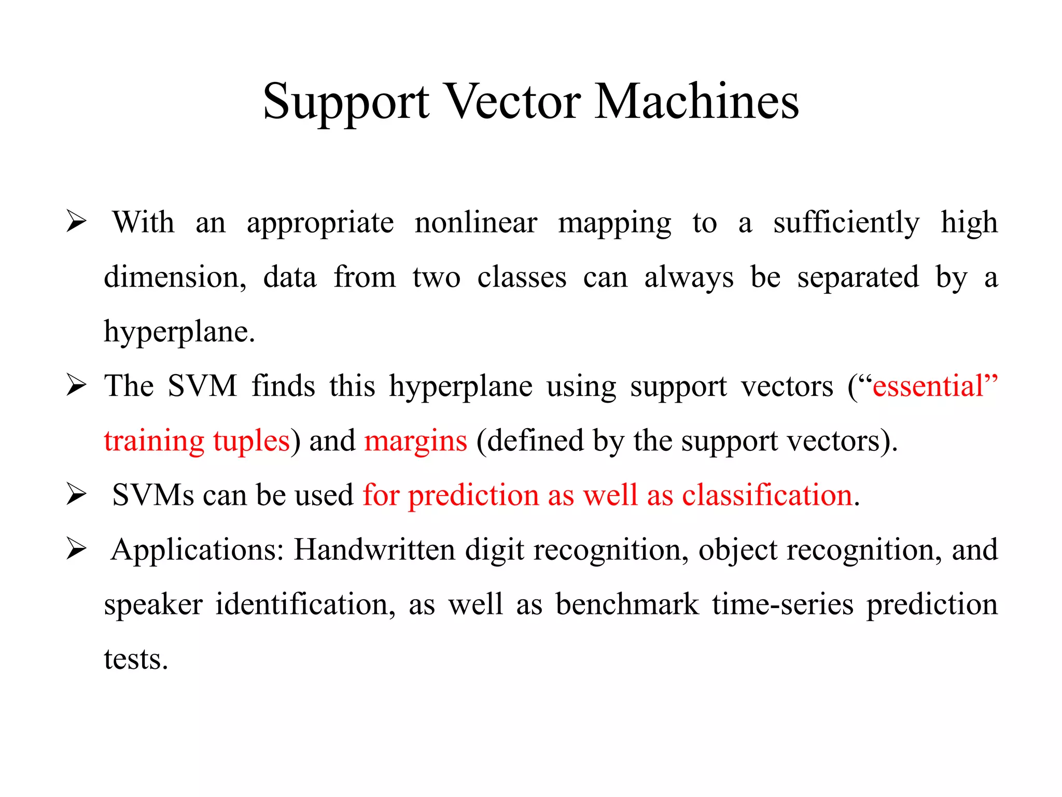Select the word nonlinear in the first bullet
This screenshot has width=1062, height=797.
coord(476,223)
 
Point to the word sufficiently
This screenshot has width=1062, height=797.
coord(846,223)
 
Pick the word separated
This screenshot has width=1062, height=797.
coord(858,277)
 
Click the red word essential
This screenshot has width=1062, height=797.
coord(928,386)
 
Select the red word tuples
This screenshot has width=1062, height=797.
coord(251,441)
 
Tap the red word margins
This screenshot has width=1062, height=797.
coord(415,441)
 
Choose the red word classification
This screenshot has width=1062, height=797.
coord(767,495)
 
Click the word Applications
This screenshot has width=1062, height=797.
coord(198,550)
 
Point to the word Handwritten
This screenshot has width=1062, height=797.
coord(374,550)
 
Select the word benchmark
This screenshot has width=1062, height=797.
coord(627,604)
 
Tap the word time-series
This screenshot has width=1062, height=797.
coord(782,604)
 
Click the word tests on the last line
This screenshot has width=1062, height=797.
coord(136,659)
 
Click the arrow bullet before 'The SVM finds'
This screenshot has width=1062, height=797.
coord(76,386)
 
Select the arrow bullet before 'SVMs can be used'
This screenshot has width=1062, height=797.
coord(76,494)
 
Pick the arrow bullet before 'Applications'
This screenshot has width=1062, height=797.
coord(76,549)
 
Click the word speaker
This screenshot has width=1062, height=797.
coord(153,604)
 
